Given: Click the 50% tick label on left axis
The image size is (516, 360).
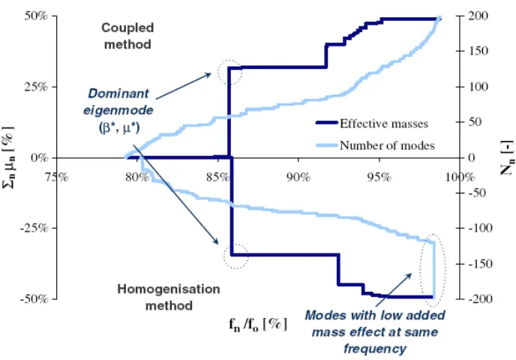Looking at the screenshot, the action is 36,16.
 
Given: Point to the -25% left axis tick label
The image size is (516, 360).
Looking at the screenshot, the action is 34,228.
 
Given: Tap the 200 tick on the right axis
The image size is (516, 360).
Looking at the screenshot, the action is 478,16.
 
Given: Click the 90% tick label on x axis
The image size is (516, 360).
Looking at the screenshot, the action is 298,177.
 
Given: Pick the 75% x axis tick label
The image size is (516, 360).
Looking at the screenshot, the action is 57,177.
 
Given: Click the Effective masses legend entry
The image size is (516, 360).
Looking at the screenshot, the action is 372,124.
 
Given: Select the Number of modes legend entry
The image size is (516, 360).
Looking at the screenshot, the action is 376,145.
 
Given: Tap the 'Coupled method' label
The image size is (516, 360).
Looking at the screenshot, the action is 127,36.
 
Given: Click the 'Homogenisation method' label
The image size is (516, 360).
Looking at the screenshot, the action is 169,297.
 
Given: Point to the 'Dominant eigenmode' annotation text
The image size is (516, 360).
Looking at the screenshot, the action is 118,110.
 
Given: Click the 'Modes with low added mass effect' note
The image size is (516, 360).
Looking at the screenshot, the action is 375,331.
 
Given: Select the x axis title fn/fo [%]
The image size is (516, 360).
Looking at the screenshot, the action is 258,325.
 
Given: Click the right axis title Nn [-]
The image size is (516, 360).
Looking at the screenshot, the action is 507,158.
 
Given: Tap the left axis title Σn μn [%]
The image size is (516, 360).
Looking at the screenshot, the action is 8,157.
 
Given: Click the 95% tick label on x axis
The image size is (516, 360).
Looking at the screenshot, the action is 379,177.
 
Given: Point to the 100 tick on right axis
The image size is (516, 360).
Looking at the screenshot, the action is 478,87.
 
